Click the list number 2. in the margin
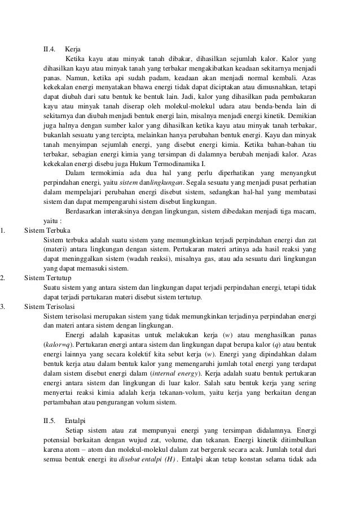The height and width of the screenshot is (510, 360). click(3, 278)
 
